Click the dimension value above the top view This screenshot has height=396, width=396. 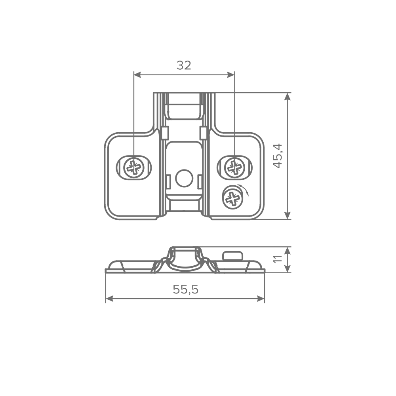click(183, 64)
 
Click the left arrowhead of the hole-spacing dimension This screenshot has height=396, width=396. click(138, 74)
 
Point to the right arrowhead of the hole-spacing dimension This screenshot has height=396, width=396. click(230, 74)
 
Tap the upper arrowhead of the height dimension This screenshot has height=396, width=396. click(287, 97)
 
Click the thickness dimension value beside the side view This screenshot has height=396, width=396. click(280, 260)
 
